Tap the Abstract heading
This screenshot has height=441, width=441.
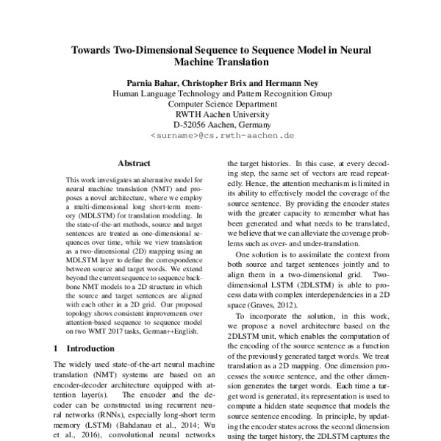pos(134,164)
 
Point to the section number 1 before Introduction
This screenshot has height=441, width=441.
pos(59,348)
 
